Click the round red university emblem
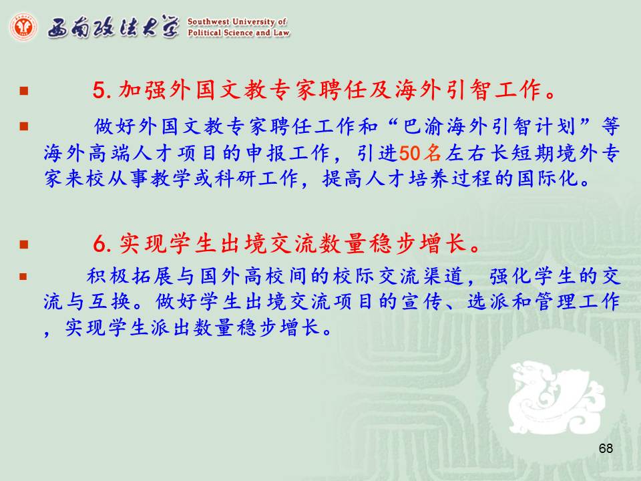tap(23, 27)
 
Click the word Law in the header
tap(281, 33)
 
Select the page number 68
tap(606, 448)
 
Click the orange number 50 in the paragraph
tap(410, 154)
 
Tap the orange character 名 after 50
tap(432, 154)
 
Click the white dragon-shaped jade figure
tap(556, 397)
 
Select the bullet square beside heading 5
tap(24, 90)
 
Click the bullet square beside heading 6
tap(24, 245)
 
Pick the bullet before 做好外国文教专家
tap(24, 126)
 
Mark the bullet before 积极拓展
tap(23, 277)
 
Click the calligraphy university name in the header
tap(114, 27)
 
